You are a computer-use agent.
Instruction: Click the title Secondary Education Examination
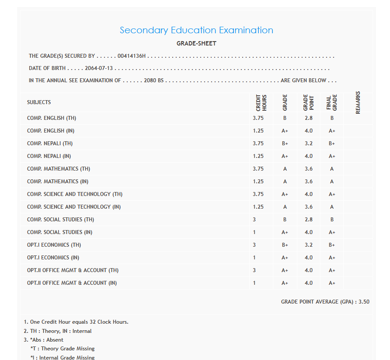(x=196, y=30)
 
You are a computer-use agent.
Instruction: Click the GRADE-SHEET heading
(x=196, y=43)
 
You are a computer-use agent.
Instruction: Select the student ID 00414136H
(x=132, y=56)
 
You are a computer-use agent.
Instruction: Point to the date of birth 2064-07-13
(x=99, y=68)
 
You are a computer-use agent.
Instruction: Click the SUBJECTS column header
(x=39, y=102)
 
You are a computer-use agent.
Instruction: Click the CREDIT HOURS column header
(x=261, y=103)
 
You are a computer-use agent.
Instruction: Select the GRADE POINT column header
(x=309, y=103)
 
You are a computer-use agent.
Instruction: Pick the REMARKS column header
(x=358, y=103)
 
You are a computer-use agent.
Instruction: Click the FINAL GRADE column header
(x=332, y=103)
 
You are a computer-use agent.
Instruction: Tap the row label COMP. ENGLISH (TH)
(x=52, y=118)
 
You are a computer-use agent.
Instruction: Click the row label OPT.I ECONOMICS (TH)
(x=54, y=245)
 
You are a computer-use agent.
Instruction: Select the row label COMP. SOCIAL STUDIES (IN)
(x=59, y=232)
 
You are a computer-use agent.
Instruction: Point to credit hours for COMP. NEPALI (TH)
(x=258, y=143)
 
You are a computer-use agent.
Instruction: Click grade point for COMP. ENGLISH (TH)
(x=309, y=118)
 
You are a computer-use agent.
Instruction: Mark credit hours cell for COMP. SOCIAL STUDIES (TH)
(x=254, y=220)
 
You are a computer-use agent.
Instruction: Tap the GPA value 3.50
(x=364, y=302)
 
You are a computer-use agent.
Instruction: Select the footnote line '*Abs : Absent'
(x=47, y=340)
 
